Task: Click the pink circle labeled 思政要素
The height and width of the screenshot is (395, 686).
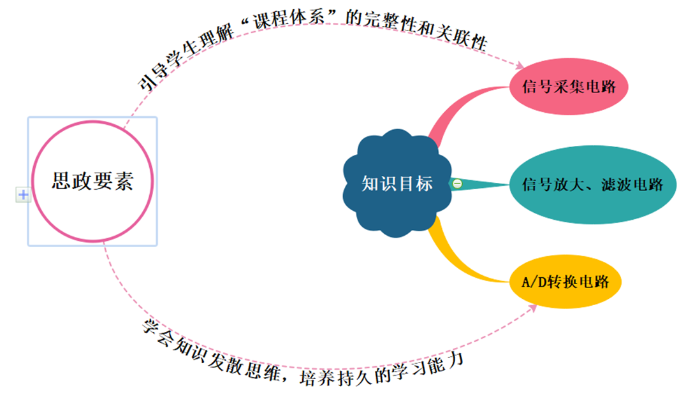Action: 92,182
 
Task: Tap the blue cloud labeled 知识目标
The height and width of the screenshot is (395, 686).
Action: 397,184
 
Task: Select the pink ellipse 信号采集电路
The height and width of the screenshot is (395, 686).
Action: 569,87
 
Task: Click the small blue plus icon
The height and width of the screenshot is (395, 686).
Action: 23,195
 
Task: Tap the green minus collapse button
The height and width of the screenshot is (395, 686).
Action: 456,184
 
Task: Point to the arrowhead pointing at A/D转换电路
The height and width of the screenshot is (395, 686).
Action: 533,308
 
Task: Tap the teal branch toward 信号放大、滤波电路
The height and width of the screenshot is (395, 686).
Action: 485,184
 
